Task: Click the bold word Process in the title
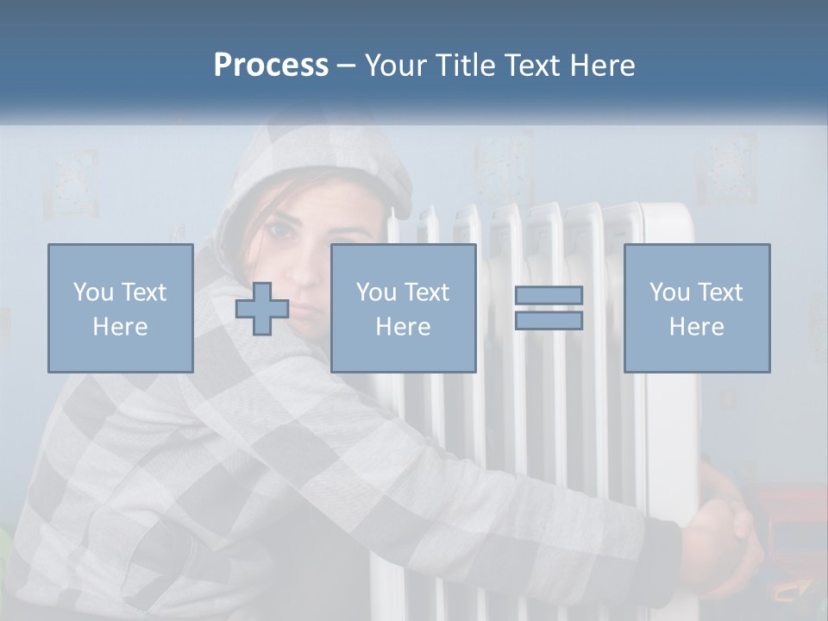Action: pos(271,66)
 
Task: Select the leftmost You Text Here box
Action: pos(120,308)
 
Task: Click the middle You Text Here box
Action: pos(403,308)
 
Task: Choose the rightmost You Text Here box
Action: pos(696,308)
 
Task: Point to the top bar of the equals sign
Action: pos(549,295)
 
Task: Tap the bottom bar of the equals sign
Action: pos(549,321)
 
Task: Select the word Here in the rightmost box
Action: pos(696,327)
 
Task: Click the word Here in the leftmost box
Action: pos(120,327)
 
